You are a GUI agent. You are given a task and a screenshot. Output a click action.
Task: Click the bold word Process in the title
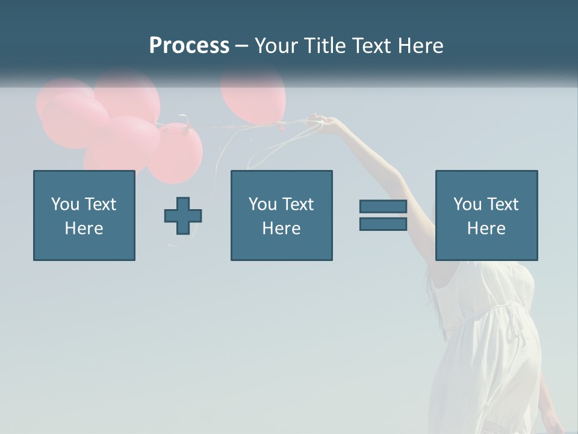click(x=189, y=46)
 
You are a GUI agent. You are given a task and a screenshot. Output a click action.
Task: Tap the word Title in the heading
click(x=325, y=46)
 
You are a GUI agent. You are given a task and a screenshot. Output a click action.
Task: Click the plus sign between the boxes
click(x=183, y=216)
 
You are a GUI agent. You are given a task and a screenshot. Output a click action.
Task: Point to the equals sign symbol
click(x=383, y=215)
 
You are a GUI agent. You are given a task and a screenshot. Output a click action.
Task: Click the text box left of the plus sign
click(x=84, y=216)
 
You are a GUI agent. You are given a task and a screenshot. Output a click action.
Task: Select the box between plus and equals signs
click(x=282, y=216)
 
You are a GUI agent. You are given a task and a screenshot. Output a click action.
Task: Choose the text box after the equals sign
click(x=486, y=216)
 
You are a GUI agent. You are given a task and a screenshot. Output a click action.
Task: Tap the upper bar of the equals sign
click(x=383, y=207)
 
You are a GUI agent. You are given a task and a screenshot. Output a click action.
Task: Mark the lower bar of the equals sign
click(x=383, y=224)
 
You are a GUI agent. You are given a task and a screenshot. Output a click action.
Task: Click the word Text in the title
click(x=370, y=46)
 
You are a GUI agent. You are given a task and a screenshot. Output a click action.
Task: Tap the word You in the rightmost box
click(x=467, y=204)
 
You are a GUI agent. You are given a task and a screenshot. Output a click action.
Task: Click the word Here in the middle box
click(x=282, y=228)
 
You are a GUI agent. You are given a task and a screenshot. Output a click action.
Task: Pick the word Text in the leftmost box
click(x=101, y=204)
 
